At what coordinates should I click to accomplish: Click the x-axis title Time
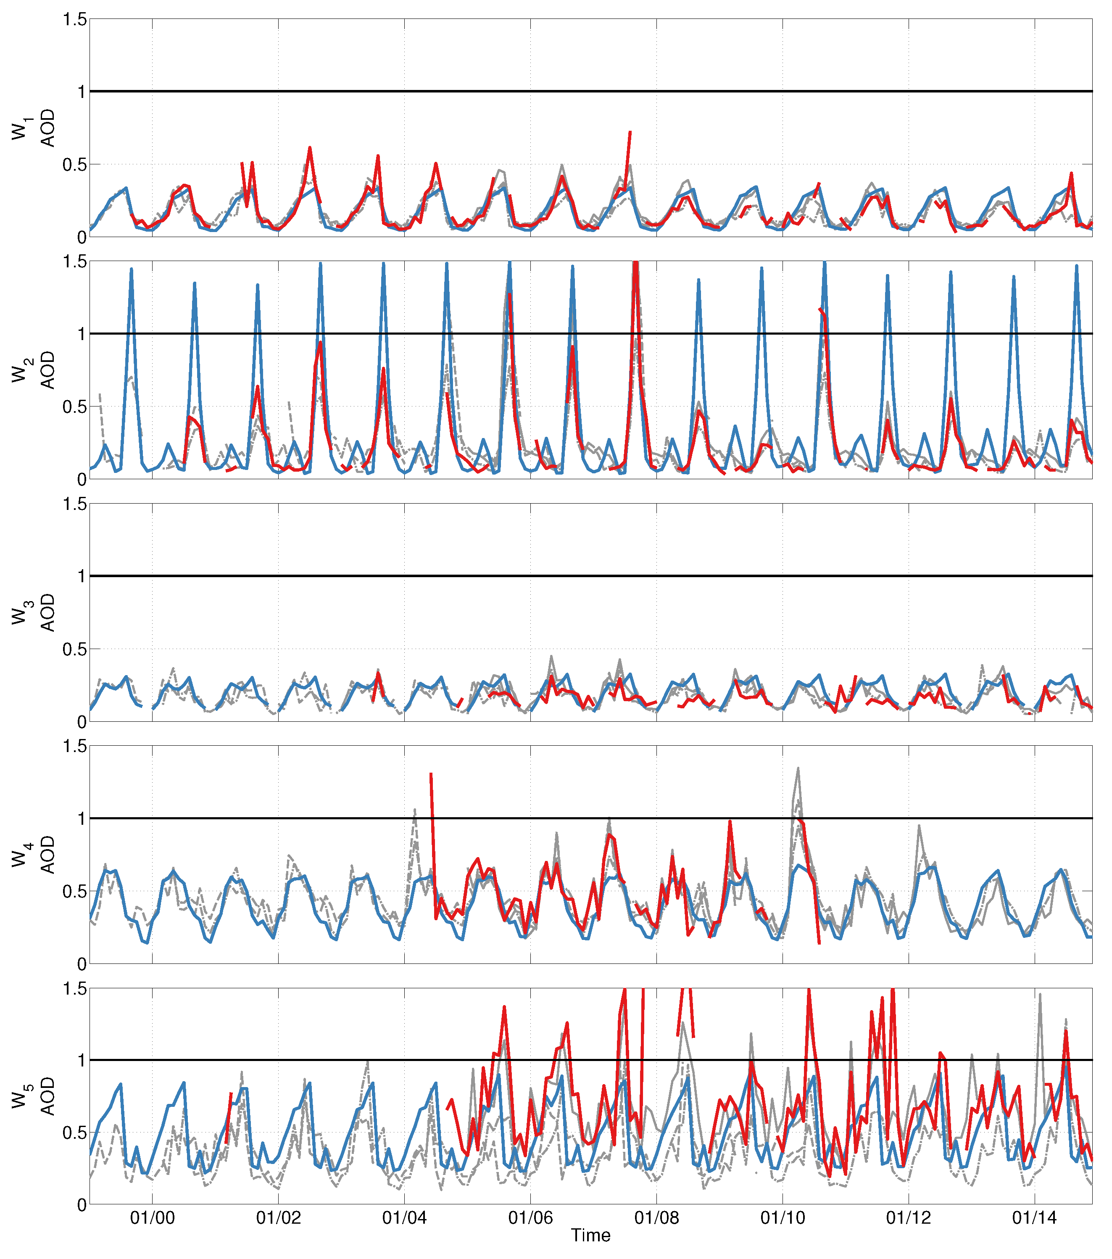(590, 1235)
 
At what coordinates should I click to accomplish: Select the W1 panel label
(20, 128)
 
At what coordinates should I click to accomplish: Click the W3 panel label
(20, 613)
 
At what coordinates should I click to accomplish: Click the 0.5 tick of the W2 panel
(74, 406)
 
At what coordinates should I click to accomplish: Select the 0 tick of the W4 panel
(81, 964)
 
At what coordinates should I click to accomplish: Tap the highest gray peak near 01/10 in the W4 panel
(798, 769)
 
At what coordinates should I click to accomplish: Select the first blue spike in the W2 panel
(131, 270)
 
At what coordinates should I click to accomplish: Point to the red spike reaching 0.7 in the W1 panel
(629, 132)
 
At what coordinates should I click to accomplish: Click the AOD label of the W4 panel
(47, 855)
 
